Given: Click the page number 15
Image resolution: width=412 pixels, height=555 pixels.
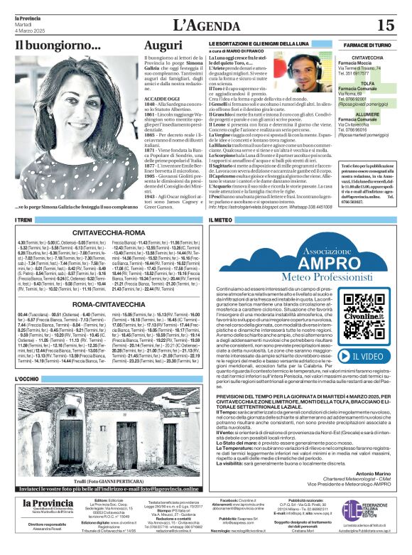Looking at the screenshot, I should [x=385, y=26].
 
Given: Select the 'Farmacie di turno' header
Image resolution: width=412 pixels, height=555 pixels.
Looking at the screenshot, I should [x=367, y=45].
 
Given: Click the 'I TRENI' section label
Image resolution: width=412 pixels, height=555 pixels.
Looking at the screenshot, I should [x=25, y=221].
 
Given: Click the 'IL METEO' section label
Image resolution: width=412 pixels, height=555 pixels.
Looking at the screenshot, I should [x=222, y=221].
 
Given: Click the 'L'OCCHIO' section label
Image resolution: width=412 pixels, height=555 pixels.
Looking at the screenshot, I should [x=29, y=379].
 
